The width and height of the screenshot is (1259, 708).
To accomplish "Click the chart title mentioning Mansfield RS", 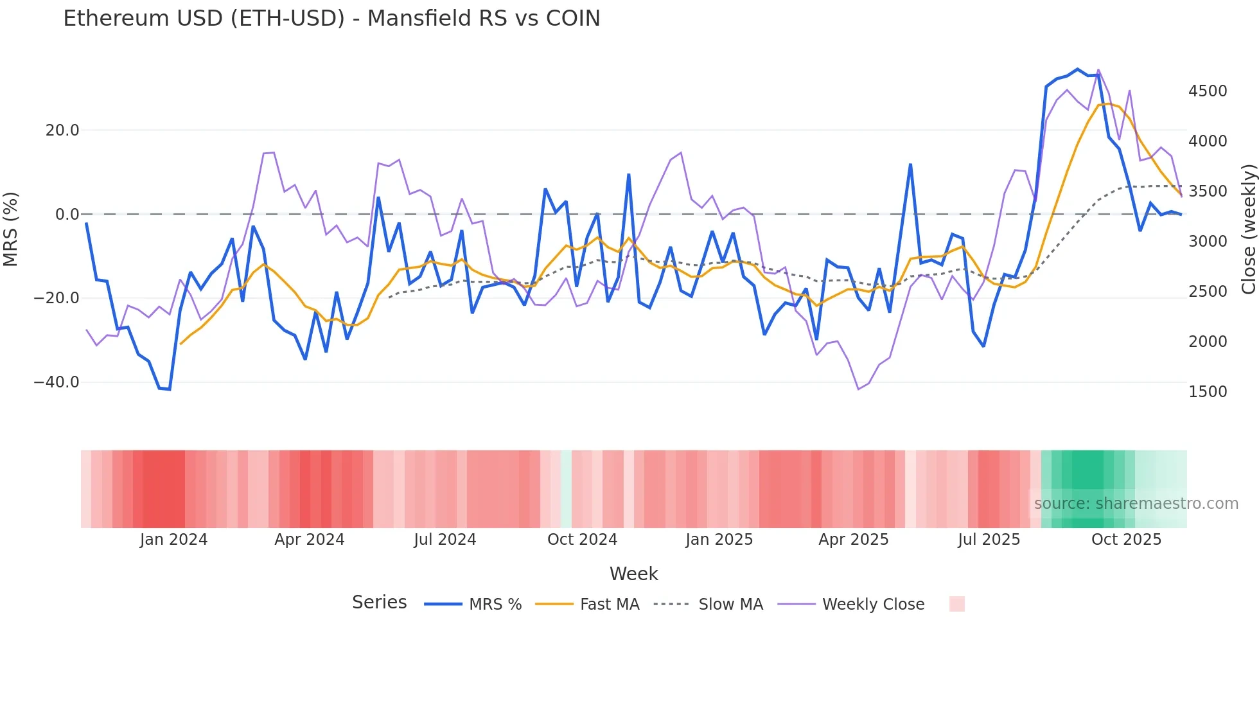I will [331, 19].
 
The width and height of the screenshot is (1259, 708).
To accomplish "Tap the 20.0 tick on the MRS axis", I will [62, 130].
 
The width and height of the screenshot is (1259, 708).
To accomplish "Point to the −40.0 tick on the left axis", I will [57, 382].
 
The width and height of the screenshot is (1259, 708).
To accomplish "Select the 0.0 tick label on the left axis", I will [67, 215].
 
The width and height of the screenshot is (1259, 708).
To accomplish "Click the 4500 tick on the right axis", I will [1208, 91].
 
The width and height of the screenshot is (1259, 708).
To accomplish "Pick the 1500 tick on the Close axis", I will [1208, 392].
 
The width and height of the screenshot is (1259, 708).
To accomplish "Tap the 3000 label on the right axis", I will [1208, 242].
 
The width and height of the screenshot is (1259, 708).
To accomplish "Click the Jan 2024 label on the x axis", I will [173, 540].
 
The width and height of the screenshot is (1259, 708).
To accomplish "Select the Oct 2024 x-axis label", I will [582, 540].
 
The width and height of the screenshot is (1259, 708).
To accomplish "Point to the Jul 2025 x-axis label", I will [989, 540].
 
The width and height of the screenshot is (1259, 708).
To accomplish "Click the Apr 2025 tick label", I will [853, 540].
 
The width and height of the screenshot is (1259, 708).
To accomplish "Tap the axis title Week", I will [633, 574].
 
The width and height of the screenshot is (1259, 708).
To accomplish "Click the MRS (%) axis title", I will [11, 229].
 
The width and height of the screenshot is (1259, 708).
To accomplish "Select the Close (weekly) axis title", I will [1248, 229].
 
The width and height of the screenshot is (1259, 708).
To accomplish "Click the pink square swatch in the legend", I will [956, 604].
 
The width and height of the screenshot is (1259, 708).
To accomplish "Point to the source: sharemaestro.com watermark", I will [1136, 504].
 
